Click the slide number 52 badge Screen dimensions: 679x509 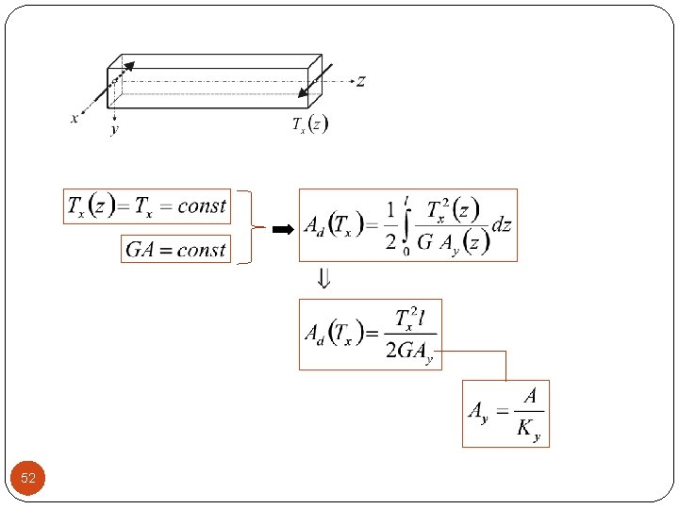(28, 479)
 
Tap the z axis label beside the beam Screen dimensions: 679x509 (360, 82)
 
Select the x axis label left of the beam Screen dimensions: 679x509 (75, 118)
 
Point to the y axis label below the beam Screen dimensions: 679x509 (115, 129)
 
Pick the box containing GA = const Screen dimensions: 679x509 (176, 249)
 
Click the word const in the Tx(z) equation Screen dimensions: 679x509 (202, 205)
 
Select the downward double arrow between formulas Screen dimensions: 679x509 (323, 279)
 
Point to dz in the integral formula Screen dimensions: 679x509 (503, 224)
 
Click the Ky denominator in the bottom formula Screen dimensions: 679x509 (528, 430)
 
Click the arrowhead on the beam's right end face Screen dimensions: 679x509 (304, 91)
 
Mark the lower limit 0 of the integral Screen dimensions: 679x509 (406, 251)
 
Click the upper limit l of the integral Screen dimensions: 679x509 (406, 199)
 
